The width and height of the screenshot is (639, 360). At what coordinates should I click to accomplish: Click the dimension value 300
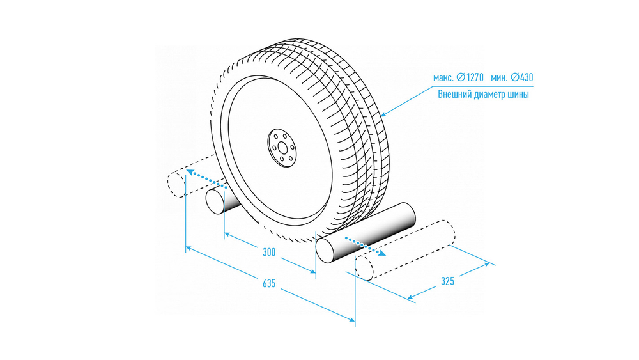[269, 253]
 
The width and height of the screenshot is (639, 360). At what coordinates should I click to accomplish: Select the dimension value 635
[269, 283]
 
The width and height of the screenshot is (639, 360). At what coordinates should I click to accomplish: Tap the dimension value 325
[447, 281]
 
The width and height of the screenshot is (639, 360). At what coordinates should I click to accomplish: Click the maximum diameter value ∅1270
[470, 77]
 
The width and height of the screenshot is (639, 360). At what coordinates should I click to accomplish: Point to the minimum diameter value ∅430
[521, 77]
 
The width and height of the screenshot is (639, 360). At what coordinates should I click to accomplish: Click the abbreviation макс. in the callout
[443, 77]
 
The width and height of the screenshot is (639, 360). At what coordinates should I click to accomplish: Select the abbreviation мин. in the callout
[499, 77]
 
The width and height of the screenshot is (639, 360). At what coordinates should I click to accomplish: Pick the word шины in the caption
[518, 95]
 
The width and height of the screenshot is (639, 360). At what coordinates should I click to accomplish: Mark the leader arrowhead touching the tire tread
[383, 114]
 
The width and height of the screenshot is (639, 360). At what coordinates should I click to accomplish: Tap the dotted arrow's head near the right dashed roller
[382, 254]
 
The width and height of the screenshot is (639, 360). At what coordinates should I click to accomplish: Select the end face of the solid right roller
[326, 251]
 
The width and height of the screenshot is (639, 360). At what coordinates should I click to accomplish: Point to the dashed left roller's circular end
[176, 185]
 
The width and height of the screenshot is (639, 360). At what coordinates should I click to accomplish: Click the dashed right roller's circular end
[364, 268]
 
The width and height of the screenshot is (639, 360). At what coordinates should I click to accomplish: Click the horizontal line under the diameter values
[483, 86]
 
